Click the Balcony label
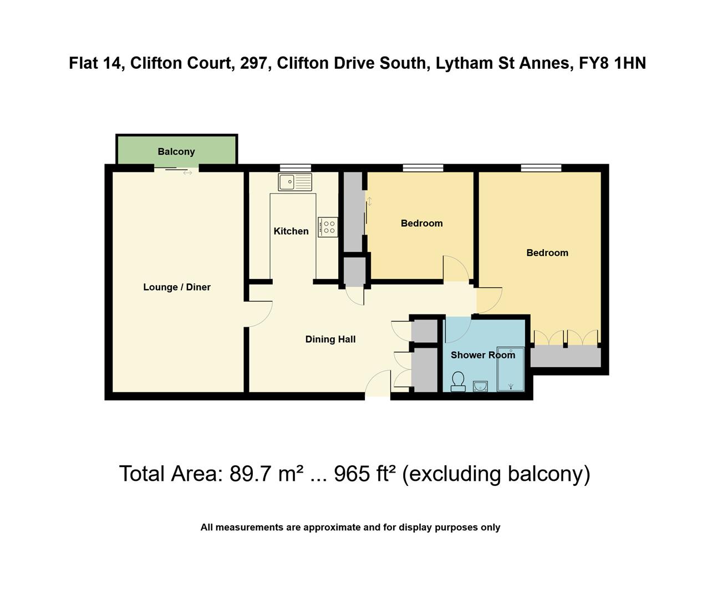point(176,151)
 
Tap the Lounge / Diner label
point(177,287)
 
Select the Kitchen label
point(291,231)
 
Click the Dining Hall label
point(330,339)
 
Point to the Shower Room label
point(482,355)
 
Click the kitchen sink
point(295,182)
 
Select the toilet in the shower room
point(458,382)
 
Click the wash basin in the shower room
point(481,386)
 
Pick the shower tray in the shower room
point(511,369)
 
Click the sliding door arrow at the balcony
point(187,173)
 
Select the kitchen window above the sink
point(295,167)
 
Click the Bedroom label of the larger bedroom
point(547,253)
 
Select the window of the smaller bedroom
point(423,167)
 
